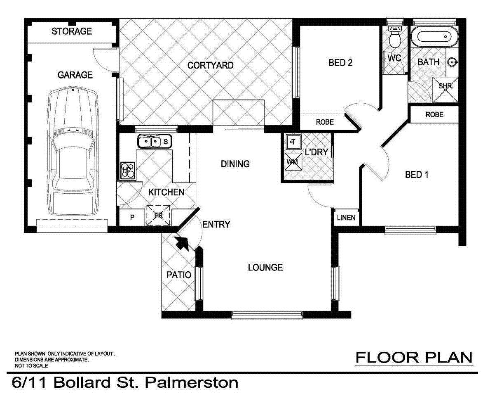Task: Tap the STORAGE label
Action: pos(72,31)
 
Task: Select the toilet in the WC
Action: pos(395,37)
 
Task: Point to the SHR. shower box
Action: pos(445,87)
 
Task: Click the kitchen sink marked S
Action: pos(155,142)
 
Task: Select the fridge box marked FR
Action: pos(159,215)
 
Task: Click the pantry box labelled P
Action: pos(132,218)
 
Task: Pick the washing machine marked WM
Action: pos(292,161)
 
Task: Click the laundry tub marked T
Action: pos(293,142)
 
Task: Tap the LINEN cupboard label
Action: pos(346,218)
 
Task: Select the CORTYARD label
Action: pos(210,65)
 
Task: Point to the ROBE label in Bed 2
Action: pos(324,122)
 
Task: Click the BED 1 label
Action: pos(417,175)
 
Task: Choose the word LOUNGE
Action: pos(265,268)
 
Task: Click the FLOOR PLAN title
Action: pos(414,358)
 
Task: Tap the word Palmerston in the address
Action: pos(192,382)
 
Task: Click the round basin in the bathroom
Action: pos(453,62)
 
